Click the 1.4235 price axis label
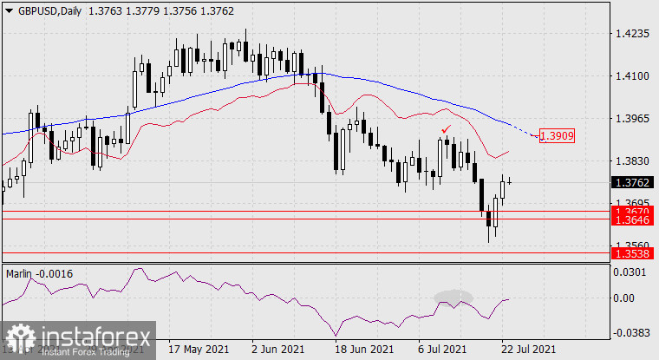click(x=631, y=34)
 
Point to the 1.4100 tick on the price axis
click(x=631, y=76)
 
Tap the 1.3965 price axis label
click(x=631, y=118)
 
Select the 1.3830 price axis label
click(x=631, y=160)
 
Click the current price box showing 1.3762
click(x=630, y=183)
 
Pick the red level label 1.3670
click(x=630, y=211)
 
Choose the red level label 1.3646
click(x=630, y=220)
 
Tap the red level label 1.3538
click(x=630, y=253)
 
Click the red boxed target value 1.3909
click(x=556, y=135)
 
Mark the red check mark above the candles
click(x=446, y=128)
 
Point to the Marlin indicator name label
click(x=23, y=274)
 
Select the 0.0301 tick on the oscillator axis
click(x=631, y=272)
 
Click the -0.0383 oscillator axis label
click(x=631, y=332)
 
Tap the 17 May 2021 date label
click(x=199, y=349)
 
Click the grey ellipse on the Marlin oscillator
click(x=455, y=297)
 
